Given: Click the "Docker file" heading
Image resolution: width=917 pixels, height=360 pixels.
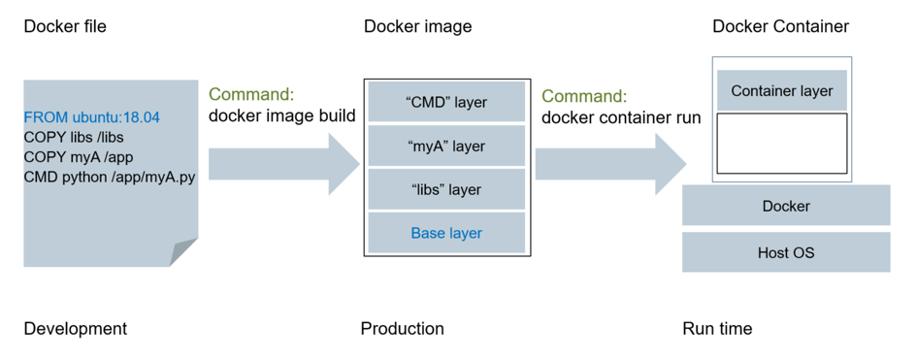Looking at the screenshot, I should (65, 26).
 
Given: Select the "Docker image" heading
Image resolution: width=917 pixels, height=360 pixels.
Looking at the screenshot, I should (417, 26).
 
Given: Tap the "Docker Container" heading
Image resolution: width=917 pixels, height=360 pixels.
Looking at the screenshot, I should (780, 26).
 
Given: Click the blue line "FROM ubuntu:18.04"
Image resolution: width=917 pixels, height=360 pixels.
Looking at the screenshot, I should (92, 117).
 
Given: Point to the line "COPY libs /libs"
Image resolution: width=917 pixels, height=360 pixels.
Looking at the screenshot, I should (74, 137).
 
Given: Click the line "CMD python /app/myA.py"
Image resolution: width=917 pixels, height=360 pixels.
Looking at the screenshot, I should (110, 178).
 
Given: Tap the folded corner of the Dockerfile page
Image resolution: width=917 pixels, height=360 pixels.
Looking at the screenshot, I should (183, 252).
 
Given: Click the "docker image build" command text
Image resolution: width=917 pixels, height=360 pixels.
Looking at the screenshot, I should (282, 116).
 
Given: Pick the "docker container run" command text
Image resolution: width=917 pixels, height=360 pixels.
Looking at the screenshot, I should (621, 117).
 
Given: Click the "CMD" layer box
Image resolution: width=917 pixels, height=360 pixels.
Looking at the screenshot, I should (446, 102).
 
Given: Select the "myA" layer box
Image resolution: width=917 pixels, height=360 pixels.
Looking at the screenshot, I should (446, 147).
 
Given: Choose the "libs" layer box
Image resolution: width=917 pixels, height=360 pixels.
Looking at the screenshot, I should (446, 190).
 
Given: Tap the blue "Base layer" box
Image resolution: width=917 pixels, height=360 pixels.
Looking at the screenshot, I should (446, 233).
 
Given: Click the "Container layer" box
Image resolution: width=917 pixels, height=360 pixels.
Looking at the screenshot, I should (781, 91).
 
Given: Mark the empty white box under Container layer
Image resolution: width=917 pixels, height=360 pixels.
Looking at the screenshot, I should (781, 144).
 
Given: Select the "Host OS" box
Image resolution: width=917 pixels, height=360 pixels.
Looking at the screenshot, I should (785, 252).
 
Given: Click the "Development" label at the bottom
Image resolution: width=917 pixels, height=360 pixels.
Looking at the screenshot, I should (75, 329).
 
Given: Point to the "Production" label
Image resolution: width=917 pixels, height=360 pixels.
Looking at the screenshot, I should (402, 329).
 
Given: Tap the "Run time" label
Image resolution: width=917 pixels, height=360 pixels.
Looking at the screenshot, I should (717, 329).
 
